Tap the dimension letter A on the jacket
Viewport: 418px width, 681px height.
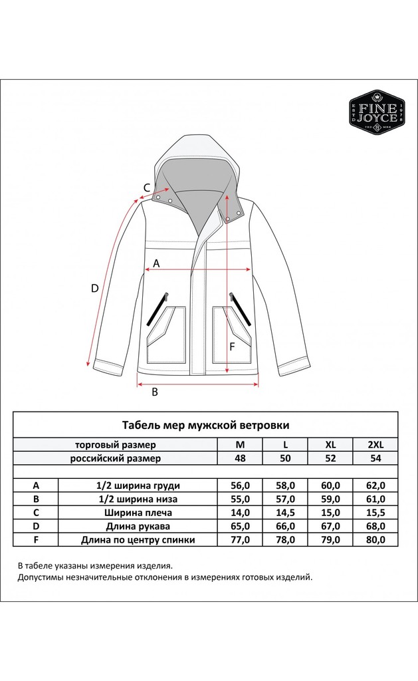(x=156, y=263)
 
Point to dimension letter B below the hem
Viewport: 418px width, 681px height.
(x=155, y=392)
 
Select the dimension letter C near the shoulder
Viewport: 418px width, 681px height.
(x=146, y=188)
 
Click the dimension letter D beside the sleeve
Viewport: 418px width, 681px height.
(x=95, y=288)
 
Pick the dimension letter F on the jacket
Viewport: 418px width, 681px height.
(x=232, y=346)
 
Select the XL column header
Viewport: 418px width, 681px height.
(x=330, y=444)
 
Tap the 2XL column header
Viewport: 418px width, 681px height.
(x=375, y=444)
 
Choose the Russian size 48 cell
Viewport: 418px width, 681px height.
(x=240, y=458)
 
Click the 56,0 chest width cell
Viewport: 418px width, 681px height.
(x=240, y=485)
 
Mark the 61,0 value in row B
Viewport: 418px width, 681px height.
(x=375, y=499)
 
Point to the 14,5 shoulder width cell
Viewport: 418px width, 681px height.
(x=285, y=512)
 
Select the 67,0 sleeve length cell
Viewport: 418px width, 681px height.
(x=330, y=525)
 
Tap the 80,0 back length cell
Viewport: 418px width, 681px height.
(x=375, y=539)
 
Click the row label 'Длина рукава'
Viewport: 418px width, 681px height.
(x=138, y=525)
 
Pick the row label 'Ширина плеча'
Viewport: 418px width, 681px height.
(x=138, y=512)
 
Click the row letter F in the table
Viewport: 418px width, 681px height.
(x=36, y=539)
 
